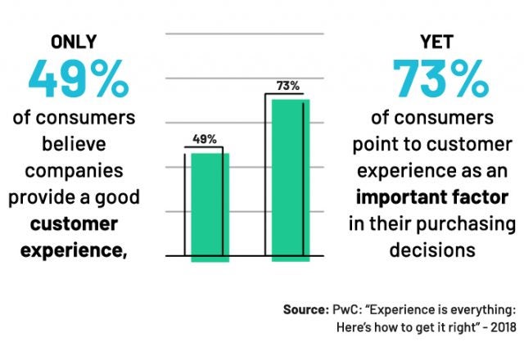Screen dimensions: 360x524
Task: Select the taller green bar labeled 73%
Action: [x=291, y=180]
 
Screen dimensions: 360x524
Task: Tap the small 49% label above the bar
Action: [x=205, y=139]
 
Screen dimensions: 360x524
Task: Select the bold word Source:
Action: [x=305, y=311]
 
